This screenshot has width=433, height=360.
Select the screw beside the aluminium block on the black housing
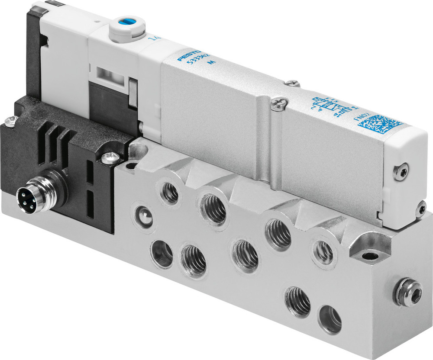[109, 157]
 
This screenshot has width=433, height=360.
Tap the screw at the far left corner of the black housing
[12, 120]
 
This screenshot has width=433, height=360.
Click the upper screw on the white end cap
[401, 173]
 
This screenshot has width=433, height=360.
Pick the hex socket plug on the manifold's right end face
[408, 296]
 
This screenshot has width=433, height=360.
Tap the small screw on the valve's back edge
[293, 83]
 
